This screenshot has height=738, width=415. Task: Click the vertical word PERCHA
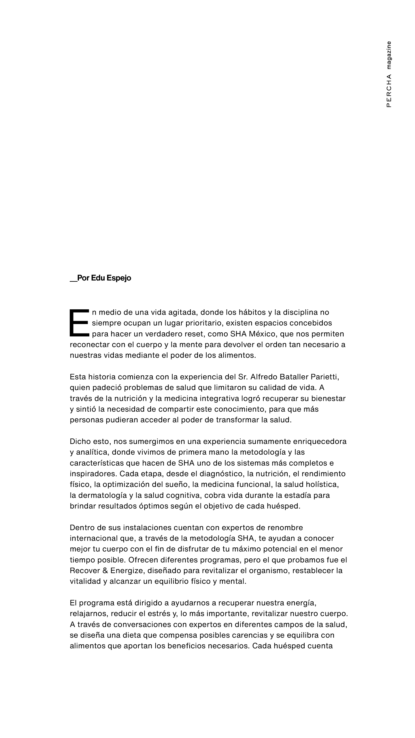[389, 91]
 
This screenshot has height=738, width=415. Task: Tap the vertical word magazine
[389, 55]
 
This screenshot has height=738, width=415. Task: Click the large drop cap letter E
[79, 323]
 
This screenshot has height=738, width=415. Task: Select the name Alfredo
[264, 377]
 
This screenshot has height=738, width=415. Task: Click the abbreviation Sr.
[243, 377]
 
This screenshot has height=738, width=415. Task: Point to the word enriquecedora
[320, 441]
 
